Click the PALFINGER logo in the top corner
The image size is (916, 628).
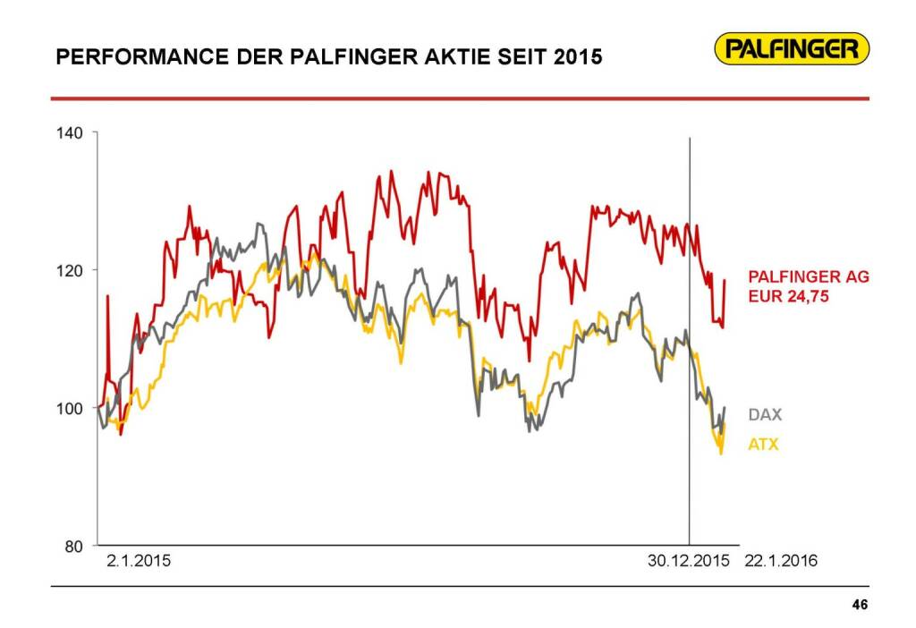pyautogui.click(x=793, y=48)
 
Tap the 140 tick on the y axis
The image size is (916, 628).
pyautogui.click(x=70, y=133)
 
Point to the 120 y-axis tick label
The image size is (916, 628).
pyautogui.click(x=70, y=270)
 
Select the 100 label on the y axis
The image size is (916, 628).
pyautogui.click(x=70, y=409)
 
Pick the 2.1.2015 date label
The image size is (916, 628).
pyautogui.click(x=138, y=562)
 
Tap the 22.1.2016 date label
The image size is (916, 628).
pyautogui.click(x=781, y=562)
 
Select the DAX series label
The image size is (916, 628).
pyautogui.click(x=765, y=415)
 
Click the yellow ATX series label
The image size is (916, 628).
pyautogui.click(x=764, y=444)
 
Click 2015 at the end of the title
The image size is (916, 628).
pyautogui.click(x=578, y=58)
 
